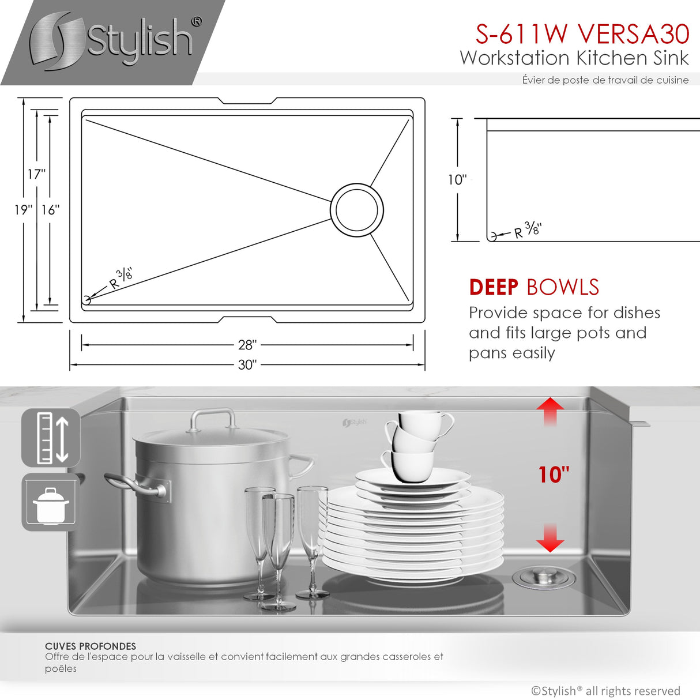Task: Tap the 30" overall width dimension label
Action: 247,365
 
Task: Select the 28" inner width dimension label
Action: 247,345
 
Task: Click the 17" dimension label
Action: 36,174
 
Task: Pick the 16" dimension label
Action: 50,210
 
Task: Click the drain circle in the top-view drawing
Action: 357,210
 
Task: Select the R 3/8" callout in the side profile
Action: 526,230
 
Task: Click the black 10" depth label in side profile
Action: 457,180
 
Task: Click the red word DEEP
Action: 494,287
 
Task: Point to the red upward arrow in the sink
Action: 550,411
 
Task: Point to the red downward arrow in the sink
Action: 550,538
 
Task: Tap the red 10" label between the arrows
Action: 554,475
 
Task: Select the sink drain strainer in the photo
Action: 544,576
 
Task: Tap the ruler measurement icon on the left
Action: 51,438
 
